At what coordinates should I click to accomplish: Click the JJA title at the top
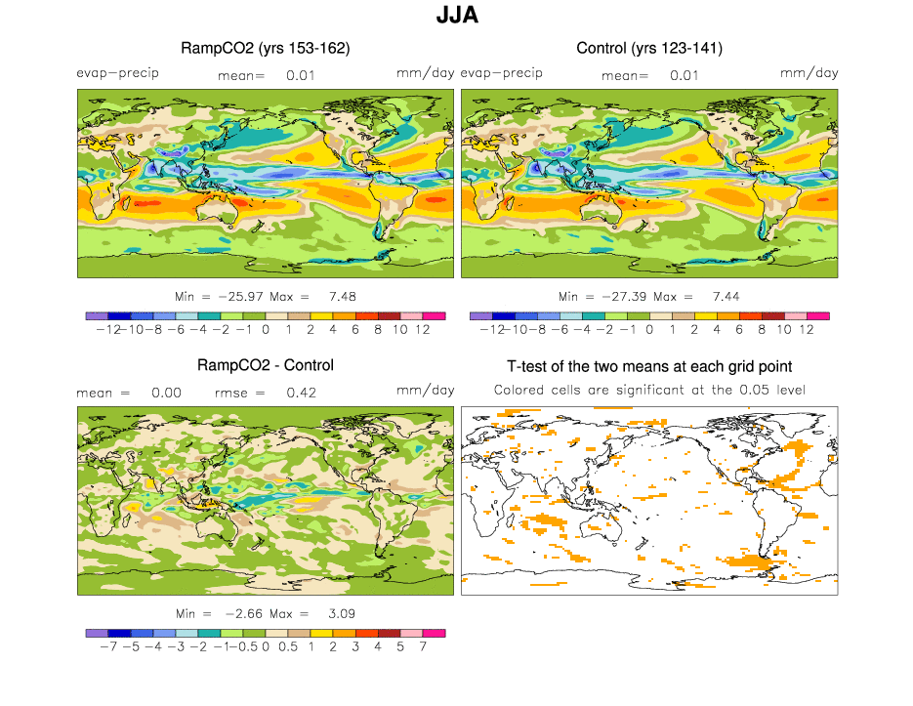point(456,17)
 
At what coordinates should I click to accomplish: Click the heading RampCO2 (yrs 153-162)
point(266,48)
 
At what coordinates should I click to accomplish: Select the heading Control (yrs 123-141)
point(649,48)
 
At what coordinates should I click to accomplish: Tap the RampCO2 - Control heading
point(266,365)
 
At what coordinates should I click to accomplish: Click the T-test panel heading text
point(649,366)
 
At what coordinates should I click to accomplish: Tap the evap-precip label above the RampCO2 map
point(117,73)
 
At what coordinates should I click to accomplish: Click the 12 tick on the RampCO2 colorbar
point(423,330)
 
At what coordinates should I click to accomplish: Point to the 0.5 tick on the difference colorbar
point(288,647)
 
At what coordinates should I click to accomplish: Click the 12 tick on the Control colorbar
point(807,330)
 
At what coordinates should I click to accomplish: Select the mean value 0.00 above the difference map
point(165,392)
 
